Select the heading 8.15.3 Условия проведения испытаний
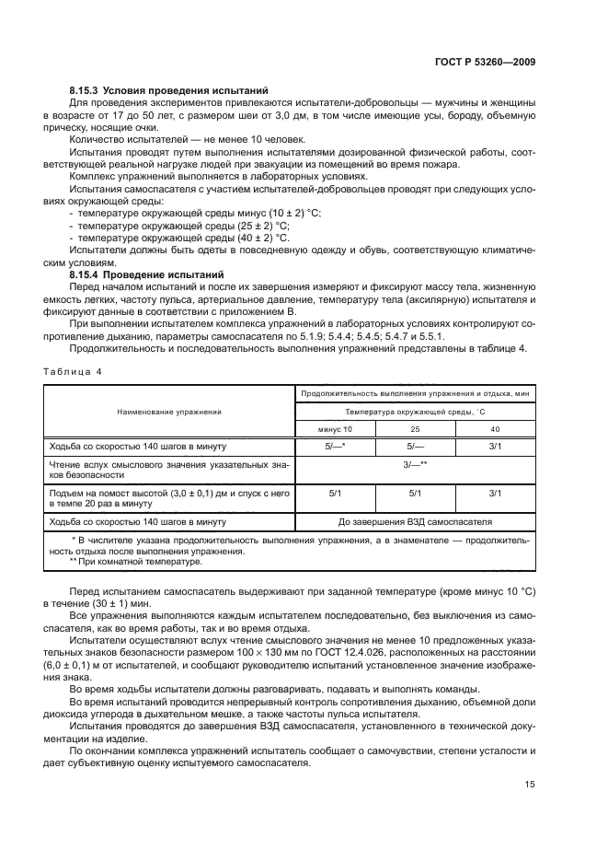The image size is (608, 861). (168, 91)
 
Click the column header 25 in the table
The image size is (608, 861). (414, 429)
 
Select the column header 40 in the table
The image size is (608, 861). (495, 429)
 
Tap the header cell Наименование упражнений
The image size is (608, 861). (169, 413)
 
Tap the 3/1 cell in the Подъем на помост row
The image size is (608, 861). (495, 494)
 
